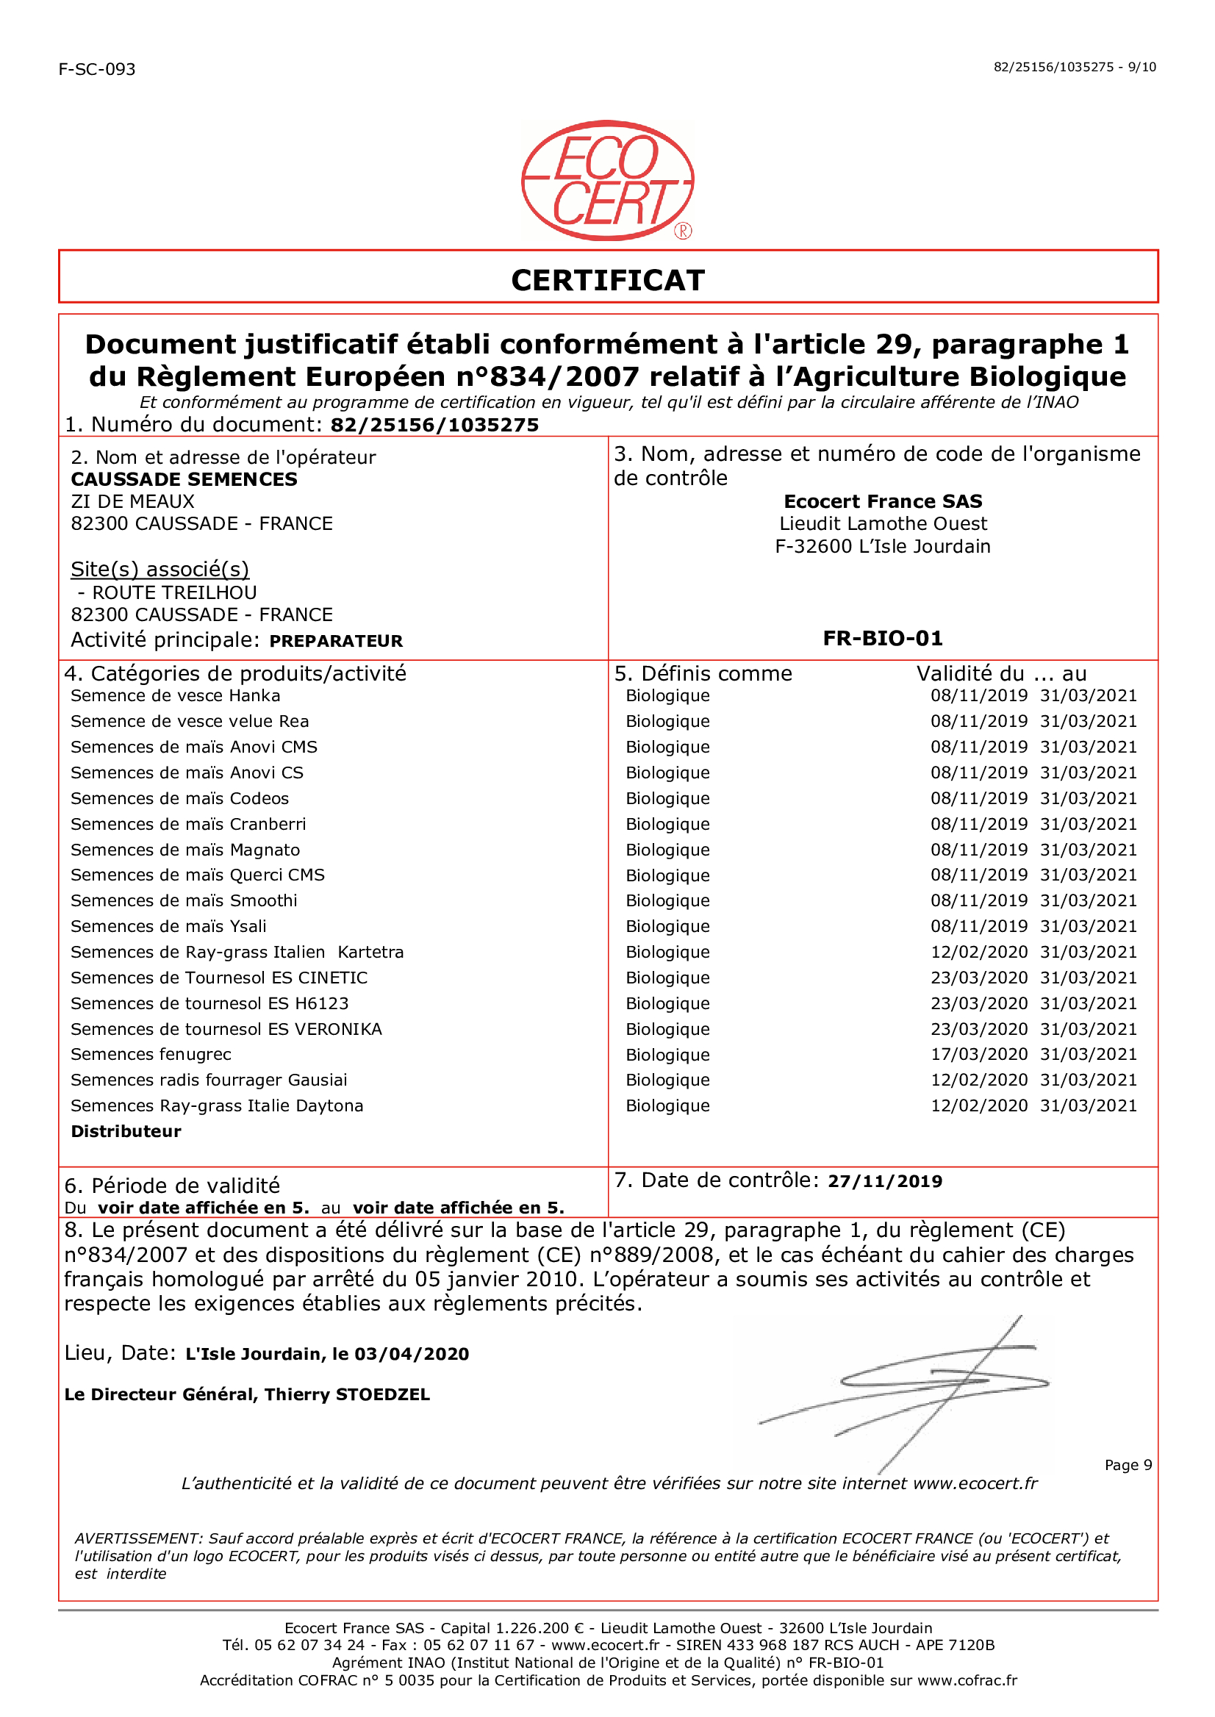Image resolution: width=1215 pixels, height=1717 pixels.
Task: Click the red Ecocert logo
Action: [x=607, y=180]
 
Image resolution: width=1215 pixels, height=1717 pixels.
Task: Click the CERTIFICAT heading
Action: [x=607, y=281]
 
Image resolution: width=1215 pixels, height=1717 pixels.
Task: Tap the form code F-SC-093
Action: [x=97, y=70]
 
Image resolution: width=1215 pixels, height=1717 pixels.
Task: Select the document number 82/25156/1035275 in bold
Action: [x=434, y=426]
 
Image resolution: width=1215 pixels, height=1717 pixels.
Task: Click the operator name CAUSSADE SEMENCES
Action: [x=184, y=479]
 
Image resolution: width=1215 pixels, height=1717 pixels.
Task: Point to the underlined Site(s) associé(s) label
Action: [x=160, y=570]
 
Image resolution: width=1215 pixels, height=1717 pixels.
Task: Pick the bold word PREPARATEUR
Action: [x=336, y=641]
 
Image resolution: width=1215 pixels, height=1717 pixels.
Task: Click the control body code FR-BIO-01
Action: [x=883, y=638]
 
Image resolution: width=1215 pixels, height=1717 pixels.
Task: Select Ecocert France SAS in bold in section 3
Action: [x=883, y=501]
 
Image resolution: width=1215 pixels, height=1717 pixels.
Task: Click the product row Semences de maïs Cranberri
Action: [x=188, y=825]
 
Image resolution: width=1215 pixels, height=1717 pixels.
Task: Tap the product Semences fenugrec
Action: [x=151, y=1055]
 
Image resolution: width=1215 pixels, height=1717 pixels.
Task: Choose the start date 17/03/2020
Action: [x=978, y=1055]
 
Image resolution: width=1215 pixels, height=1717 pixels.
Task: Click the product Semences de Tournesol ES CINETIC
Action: [x=219, y=978]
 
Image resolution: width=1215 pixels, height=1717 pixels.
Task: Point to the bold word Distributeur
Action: [x=126, y=1132]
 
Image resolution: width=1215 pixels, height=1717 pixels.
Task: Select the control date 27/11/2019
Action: [x=884, y=1181]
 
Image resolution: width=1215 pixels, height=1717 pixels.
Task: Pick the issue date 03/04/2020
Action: [x=412, y=1354]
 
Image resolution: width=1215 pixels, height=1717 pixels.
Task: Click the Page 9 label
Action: [x=1128, y=1465]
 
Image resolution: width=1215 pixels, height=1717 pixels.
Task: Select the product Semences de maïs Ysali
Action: [x=168, y=927]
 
